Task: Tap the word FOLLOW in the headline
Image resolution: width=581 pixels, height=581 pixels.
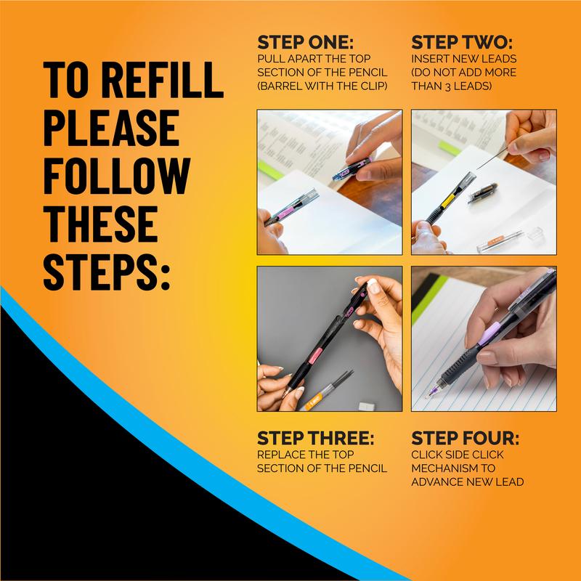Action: click(117, 176)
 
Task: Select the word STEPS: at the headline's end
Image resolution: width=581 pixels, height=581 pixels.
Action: click(106, 272)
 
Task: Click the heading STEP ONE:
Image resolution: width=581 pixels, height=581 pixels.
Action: click(305, 43)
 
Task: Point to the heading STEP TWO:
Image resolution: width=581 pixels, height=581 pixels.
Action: click(462, 43)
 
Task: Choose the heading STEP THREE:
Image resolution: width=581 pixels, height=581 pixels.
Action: click(315, 439)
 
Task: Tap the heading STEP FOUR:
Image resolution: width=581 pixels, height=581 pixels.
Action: click(465, 439)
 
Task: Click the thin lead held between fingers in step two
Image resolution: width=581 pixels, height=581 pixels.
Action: click(492, 158)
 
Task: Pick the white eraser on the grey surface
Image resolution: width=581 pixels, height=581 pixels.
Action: click(367, 406)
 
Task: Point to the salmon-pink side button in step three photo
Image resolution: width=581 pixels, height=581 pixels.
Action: click(315, 356)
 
